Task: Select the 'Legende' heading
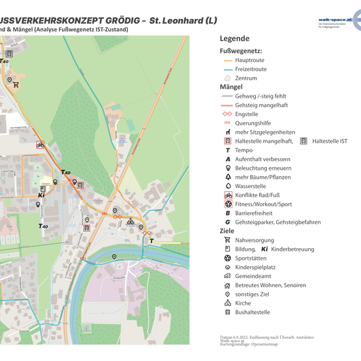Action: click(x=234, y=39)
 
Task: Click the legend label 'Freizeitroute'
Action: click(x=251, y=69)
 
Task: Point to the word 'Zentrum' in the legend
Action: click(x=245, y=78)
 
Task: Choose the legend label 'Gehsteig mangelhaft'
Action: click(x=260, y=105)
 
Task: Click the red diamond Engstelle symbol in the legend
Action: click(x=227, y=114)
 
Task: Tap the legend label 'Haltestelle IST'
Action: click(x=330, y=141)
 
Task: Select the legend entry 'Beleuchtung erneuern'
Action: click(x=263, y=168)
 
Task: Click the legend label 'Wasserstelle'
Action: click(x=250, y=186)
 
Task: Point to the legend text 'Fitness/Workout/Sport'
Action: click(x=263, y=204)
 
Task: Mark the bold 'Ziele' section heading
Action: click(x=227, y=230)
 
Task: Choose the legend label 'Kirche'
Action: click(x=243, y=303)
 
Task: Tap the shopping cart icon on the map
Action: click(x=16, y=85)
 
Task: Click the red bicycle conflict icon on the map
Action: click(x=40, y=145)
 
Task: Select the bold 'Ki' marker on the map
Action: click(x=40, y=195)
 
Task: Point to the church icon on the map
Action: click(x=130, y=221)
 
